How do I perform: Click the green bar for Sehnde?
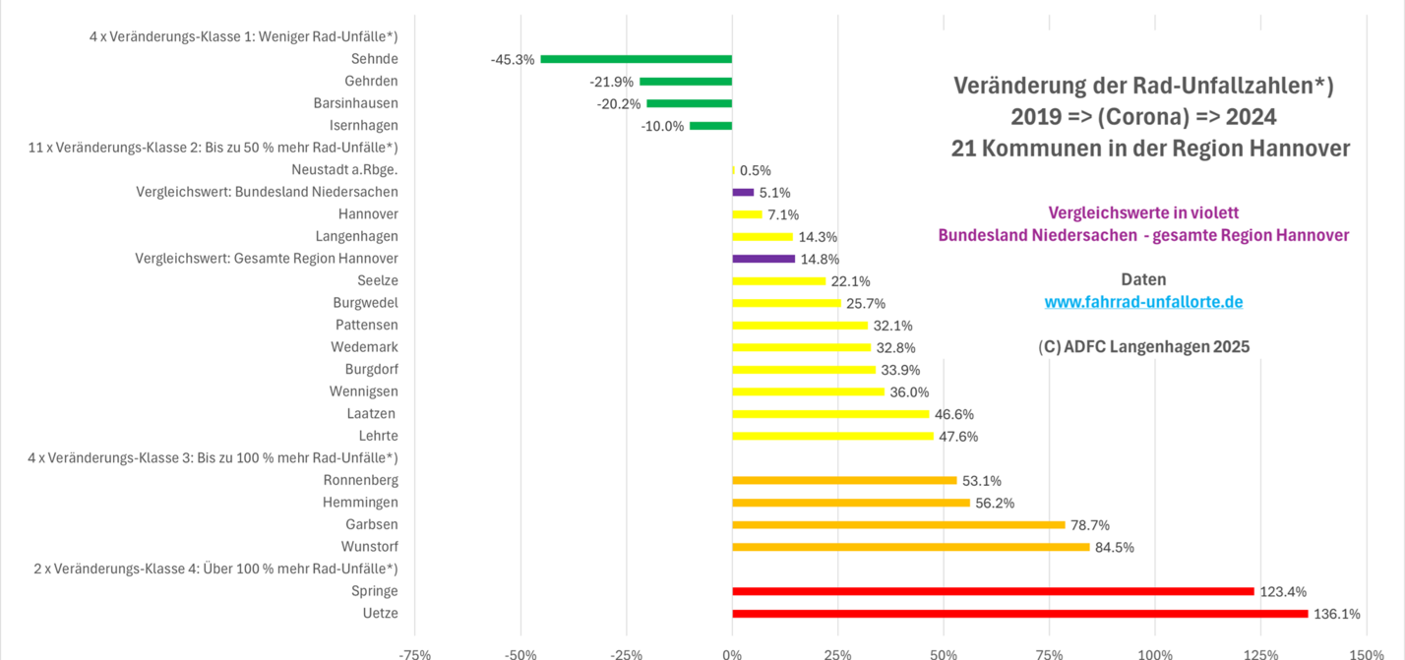[x=636, y=59]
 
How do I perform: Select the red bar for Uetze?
[x=1019, y=614]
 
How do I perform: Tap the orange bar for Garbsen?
[x=898, y=525]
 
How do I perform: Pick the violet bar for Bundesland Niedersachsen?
[x=743, y=193]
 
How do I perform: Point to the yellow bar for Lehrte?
[x=832, y=436]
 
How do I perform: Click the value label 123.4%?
[x=1283, y=592]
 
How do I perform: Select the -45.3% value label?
[x=513, y=60]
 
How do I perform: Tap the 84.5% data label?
[x=1115, y=548]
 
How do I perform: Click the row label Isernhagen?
[x=364, y=126]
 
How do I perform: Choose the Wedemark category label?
[x=364, y=347]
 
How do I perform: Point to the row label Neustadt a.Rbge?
[x=345, y=170]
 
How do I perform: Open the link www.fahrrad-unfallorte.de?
[x=1143, y=302]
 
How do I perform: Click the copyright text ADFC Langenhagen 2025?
[x=1143, y=346]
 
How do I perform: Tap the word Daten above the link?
[x=1143, y=279]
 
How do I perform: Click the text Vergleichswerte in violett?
[x=1143, y=212]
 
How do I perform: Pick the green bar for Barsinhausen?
[x=689, y=103]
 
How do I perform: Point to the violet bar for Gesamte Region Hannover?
[x=764, y=259]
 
